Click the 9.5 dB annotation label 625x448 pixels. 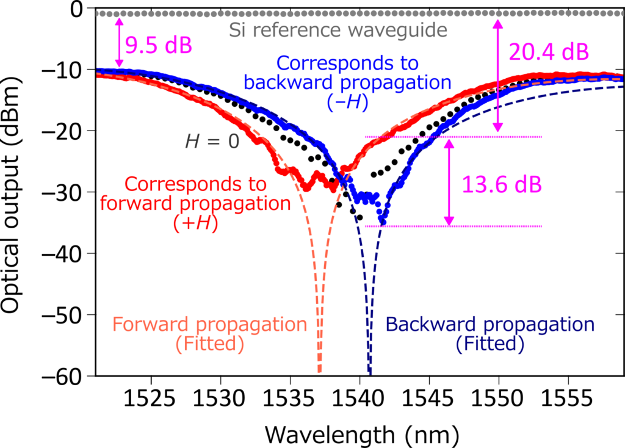tap(159, 45)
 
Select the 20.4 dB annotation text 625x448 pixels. tap(549, 52)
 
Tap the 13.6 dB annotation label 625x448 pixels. tap(502, 184)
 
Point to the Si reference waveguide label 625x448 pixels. tap(338, 31)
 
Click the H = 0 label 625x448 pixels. tap(212, 141)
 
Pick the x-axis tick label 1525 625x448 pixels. tap(150, 399)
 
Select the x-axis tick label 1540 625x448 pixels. tap(359, 399)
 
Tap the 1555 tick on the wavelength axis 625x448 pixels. tap(567, 399)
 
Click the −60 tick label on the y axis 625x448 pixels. tap(62, 376)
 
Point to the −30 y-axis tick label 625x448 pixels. tap(62, 192)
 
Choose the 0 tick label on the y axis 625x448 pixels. tap(77, 9)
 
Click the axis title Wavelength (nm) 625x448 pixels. tap(362, 435)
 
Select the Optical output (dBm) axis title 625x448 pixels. tap(11, 195)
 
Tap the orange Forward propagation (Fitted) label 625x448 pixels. tap(210, 334)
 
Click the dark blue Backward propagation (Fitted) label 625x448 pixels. tap(490, 334)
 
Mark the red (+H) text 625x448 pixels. tap(196, 223)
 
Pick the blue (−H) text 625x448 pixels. tap(347, 103)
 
